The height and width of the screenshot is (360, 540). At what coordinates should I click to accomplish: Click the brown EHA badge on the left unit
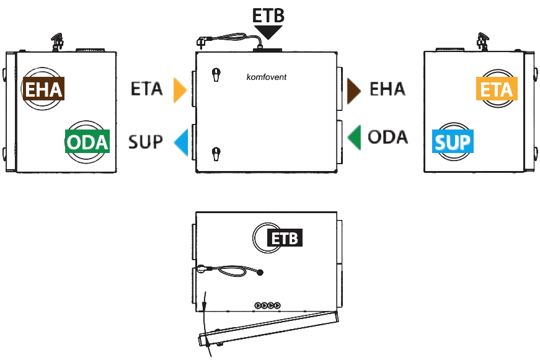(x=43, y=89)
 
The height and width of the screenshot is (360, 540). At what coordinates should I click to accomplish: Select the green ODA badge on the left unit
(x=87, y=141)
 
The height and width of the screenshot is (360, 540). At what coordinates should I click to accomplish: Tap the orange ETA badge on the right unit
(x=497, y=89)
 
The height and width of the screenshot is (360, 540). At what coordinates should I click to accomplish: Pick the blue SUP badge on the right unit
(x=453, y=141)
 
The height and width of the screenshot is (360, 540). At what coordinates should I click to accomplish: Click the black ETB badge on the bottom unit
(x=285, y=237)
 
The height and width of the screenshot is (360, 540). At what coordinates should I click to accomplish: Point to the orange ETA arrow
(x=180, y=90)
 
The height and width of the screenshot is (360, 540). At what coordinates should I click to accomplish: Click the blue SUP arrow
(x=181, y=143)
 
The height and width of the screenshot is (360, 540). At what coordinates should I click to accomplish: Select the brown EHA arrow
(x=354, y=91)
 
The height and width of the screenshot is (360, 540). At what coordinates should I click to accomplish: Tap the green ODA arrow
(x=354, y=138)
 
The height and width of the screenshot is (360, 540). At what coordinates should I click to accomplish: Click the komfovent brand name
(x=266, y=77)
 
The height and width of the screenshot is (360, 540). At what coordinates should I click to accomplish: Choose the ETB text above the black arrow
(x=268, y=15)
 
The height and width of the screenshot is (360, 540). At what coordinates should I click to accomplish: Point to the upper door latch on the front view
(x=216, y=74)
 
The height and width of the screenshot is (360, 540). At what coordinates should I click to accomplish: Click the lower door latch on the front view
(x=216, y=154)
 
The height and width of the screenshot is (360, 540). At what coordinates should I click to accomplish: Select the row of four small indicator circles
(x=268, y=305)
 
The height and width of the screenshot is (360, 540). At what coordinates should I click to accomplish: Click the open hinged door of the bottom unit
(x=268, y=328)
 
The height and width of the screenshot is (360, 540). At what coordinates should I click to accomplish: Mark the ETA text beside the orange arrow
(x=146, y=89)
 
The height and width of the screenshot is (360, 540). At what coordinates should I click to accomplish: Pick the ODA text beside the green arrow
(x=387, y=137)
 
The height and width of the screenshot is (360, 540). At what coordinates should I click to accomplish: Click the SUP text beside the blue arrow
(x=145, y=142)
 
